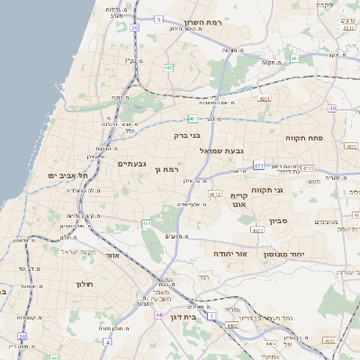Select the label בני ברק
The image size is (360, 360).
187,135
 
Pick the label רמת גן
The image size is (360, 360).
168,168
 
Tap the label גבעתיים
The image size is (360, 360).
131,164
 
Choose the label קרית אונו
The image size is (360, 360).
238,200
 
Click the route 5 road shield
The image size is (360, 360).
159,18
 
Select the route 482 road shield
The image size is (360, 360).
168,67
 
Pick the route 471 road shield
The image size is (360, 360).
258,165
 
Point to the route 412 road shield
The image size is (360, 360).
214,193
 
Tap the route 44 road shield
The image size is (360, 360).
159,315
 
